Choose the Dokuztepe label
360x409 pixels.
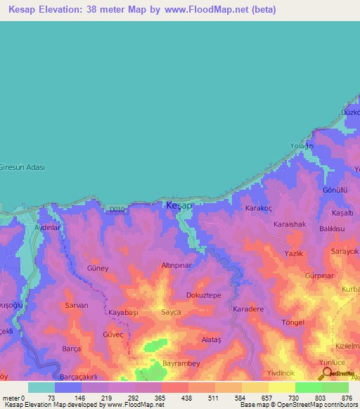pyautogui.click(x=203, y=295)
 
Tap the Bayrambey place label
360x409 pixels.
pyautogui.click(x=181, y=363)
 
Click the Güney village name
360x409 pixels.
pyautogui.click(x=97, y=268)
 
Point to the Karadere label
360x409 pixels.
pyautogui.click(x=247, y=309)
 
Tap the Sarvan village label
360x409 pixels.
pyautogui.click(x=76, y=306)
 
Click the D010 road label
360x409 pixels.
pyautogui.click(x=117, y=209)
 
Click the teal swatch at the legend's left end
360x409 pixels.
pyautogui.click(x=41, y=387)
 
